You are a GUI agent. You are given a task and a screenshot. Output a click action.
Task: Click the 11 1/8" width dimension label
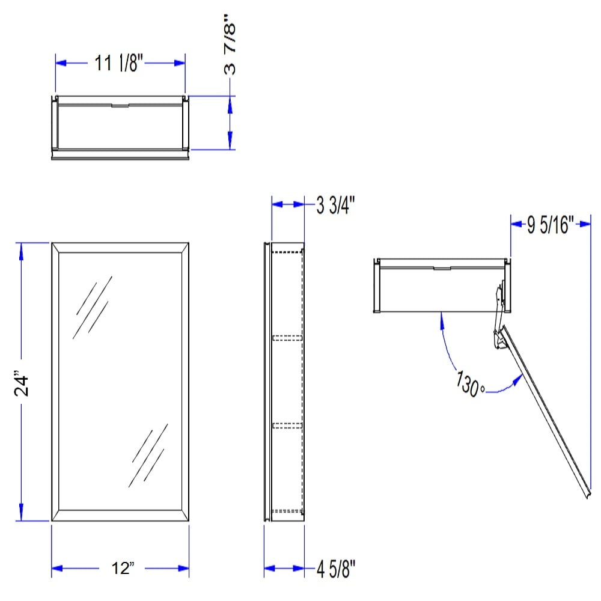(x=118, y=63)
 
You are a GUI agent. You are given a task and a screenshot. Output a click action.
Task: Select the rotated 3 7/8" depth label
(x=230, y=44)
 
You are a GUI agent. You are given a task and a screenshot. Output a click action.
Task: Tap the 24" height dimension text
(x=22, y=382)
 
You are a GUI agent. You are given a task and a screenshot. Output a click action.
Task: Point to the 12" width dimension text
(x=123, y=568)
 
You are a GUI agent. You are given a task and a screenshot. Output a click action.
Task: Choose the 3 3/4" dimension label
(x=335, y=205)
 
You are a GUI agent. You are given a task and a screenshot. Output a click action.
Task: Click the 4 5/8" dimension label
(x=336, y=569)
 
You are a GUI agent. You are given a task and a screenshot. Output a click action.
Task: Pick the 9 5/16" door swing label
(x=551, y=225)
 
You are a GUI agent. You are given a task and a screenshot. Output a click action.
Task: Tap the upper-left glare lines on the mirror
(x=93, y=307)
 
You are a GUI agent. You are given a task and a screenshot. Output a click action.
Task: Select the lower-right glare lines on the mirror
(x=148, y=456)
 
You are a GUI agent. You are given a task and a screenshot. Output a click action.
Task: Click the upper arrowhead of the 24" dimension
(x=21, y=249)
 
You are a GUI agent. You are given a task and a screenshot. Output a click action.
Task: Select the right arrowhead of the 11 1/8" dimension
(x=179, y=63)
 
